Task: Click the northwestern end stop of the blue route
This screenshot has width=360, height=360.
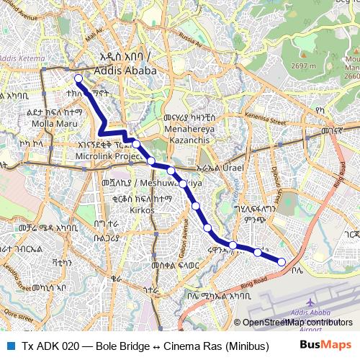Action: click(x=78, y=79)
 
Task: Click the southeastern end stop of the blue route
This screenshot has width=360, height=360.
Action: click(x=282, y=261)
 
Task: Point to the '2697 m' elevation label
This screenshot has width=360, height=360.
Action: click(x=304, y=66)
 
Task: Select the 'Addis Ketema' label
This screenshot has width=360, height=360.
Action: click(x=20, y=58)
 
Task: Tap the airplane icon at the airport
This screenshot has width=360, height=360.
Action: click(x=309, y=303)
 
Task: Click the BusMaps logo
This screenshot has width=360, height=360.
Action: click(x=325, y=345)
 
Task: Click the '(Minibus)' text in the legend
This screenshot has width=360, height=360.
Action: click(x=245, y=346)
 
